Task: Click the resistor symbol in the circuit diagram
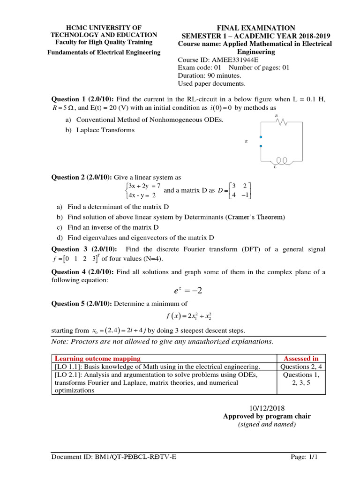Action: pyautogui.click(x=282, y=122)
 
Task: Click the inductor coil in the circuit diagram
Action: pyautogui.click(x=282, y=161)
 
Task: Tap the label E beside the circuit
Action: pyautogui.click(x=246, y=141)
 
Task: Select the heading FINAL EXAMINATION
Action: pyautogui.click(x=255, y=28)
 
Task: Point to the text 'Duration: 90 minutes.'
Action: pyautogui.click(x=210, y=75)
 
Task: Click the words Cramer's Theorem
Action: pyautogui.click(x=256, y=217)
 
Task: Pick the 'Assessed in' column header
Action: pyautogui.click(x=301, y=359)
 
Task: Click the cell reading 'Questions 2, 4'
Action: pyautogui.click(x=301, y=367)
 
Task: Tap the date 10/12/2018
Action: pyautogui.click(x=267, y=408)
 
